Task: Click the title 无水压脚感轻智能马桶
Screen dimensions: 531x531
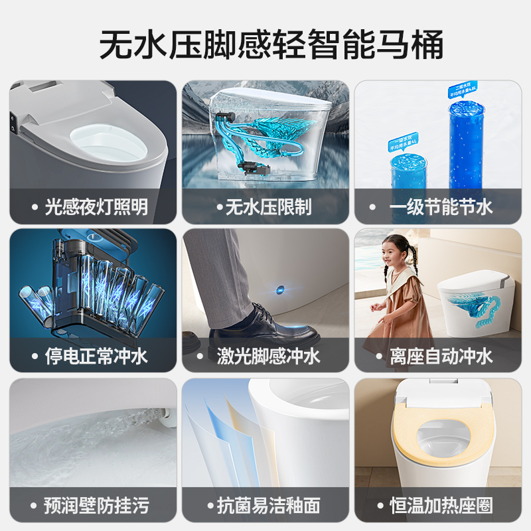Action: (x=265, y=45)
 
